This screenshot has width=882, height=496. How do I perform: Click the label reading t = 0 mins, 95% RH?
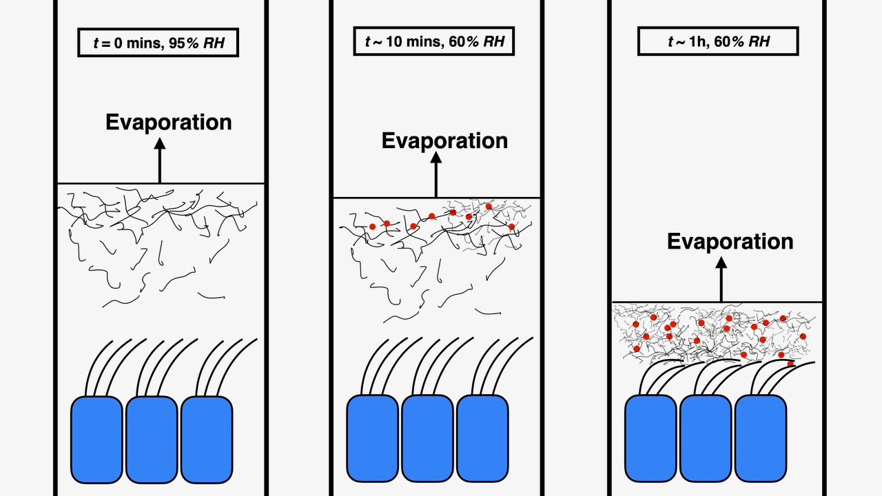tap(158, 43)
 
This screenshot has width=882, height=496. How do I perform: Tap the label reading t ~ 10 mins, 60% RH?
tap(434, 41)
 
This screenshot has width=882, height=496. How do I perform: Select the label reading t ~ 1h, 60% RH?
tap(718, 41)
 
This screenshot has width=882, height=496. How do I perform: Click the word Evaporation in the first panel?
tap(168, 122)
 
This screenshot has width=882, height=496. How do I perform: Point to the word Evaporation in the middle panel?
tap(444, 141)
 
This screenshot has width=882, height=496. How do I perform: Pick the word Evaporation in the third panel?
tap(730, 241)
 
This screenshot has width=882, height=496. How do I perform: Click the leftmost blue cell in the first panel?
tap(97, 440)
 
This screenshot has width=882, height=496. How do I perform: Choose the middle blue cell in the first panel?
tap(152, 440)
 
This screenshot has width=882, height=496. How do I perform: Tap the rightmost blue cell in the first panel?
tap(206, 440)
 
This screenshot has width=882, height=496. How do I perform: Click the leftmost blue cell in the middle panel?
tap(372, 438)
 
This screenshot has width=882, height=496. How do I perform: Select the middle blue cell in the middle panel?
tap(427, 438)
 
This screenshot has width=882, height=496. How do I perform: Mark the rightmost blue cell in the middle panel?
tap(482, 438)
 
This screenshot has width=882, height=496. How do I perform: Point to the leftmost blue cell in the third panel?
tap(650, 438)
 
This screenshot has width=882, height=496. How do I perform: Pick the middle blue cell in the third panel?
tap(706, 438)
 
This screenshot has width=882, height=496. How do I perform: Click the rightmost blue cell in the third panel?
tap(761, 438)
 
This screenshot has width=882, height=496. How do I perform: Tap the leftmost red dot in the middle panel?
tap(372, 226)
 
